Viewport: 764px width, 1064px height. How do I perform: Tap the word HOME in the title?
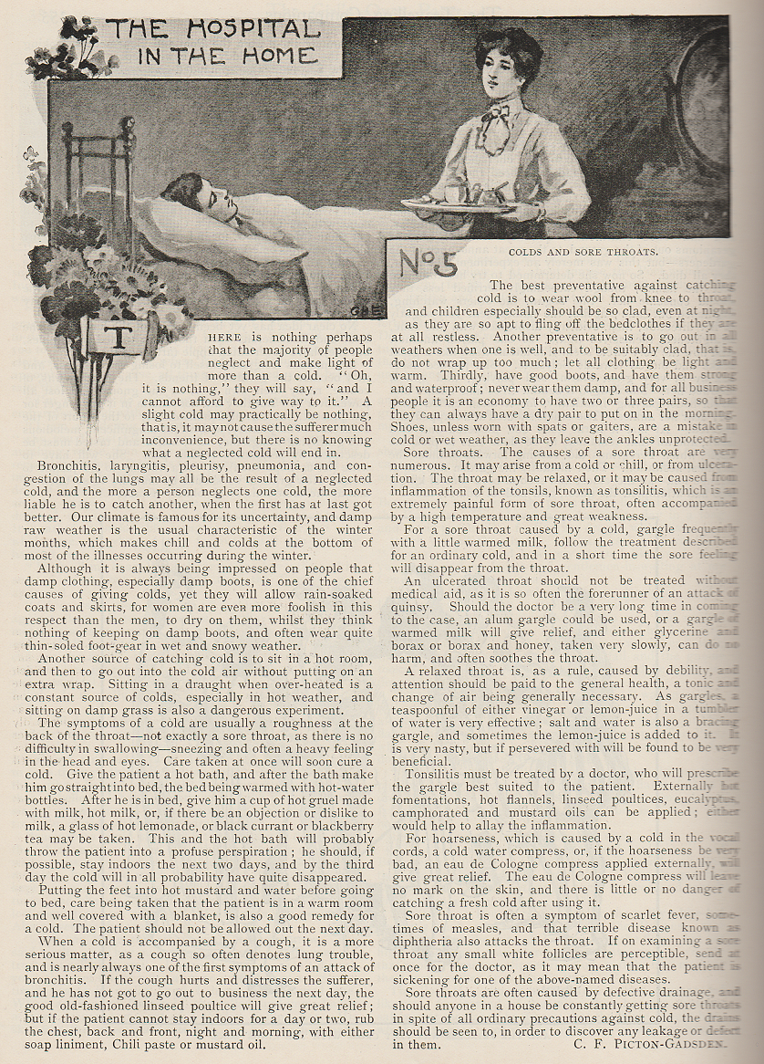click(x=280, y=55)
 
